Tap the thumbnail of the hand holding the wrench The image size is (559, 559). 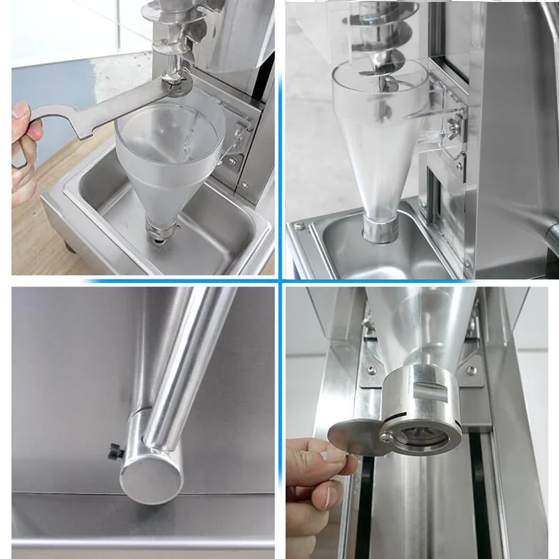pos(21,112)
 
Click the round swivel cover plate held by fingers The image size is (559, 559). pos(354,437)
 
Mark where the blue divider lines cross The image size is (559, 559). pos(280,281)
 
